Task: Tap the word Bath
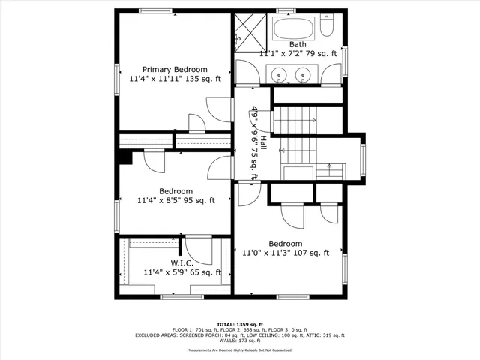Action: [298, 44]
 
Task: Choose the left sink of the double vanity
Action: [279, 74]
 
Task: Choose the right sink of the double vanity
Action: [304, 74]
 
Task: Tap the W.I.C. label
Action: [182, 263]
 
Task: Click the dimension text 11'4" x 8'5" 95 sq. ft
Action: [175, 200]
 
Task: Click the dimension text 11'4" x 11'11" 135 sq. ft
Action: [175, 78]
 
